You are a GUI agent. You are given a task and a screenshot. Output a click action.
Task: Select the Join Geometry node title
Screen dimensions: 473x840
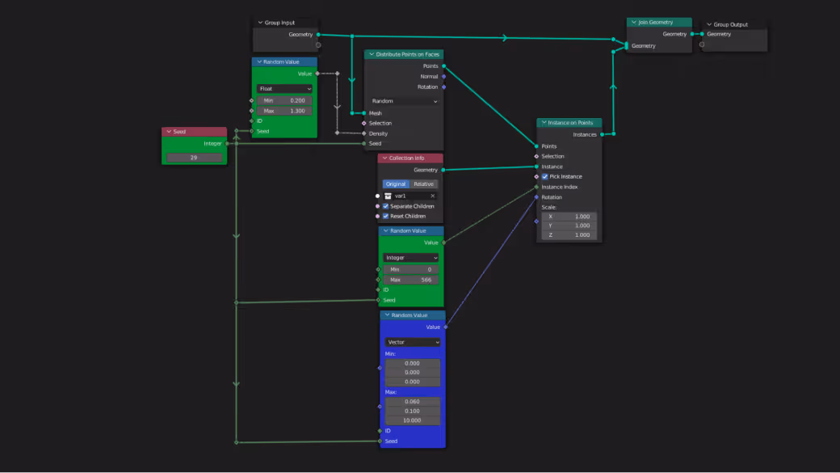point(659,23)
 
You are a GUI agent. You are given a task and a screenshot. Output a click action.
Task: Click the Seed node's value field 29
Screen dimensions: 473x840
point(194,158)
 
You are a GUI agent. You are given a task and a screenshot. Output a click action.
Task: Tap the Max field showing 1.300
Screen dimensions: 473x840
point(284,111)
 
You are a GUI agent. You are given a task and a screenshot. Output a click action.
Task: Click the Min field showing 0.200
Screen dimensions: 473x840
point(284,100)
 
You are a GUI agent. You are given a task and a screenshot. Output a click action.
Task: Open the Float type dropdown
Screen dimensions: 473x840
point(284,89)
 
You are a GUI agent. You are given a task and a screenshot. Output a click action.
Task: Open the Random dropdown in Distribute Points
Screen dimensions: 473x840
point(404,101)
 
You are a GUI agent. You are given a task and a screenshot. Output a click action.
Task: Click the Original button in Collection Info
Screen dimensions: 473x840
point(396,184)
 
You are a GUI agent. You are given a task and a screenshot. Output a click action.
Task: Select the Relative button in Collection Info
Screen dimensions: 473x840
point(424,184)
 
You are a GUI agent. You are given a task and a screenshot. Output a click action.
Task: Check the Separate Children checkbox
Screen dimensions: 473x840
point(385,206)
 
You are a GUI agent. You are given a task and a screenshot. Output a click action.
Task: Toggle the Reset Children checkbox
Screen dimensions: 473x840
point(385,216)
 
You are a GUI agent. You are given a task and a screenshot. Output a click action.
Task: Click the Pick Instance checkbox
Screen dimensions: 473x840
point(545,176)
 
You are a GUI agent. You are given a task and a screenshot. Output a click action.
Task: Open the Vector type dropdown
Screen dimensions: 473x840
point(413,342)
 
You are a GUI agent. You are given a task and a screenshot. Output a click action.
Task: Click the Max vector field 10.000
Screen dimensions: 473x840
point(412,420)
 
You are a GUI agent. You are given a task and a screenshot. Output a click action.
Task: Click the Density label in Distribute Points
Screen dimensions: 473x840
point(379,133)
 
